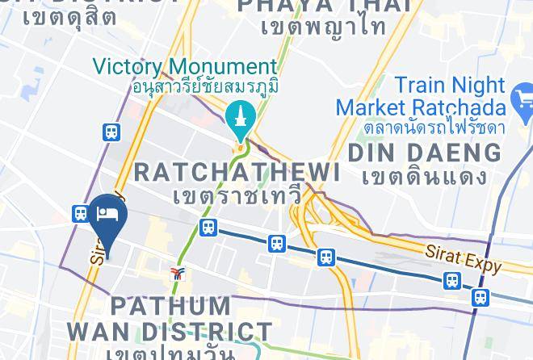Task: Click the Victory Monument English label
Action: click(185, 66)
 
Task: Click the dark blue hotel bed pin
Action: click(105, 216)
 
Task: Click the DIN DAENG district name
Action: click(424, 152)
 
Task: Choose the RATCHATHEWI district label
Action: click(236, 171)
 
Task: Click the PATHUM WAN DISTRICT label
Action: click(170, 319)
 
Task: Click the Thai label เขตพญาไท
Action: click(324, 27)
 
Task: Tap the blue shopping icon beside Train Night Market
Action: click(522, 103)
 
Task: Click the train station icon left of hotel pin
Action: click(80, 213)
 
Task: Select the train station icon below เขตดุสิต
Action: click(111, 132)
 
